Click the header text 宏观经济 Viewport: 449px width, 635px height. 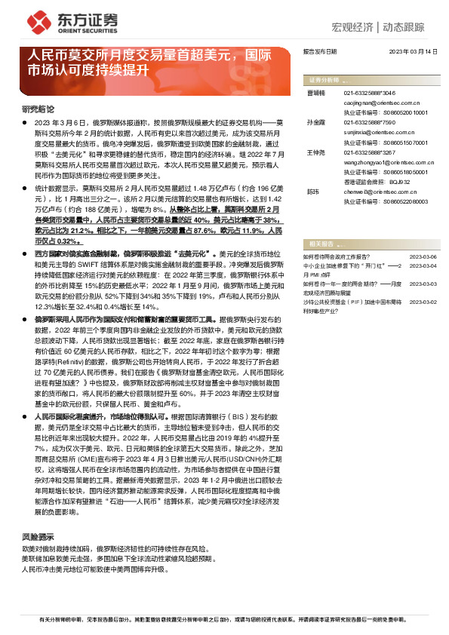pyautogui.click(x=352, y=28)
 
